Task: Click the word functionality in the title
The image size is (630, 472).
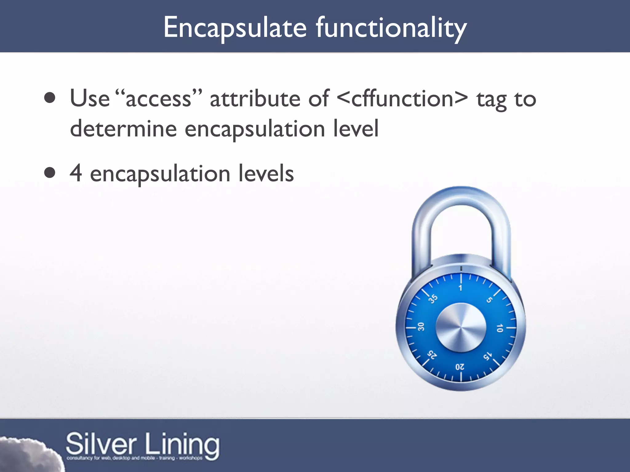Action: pyautogui.click(x=391, y=28)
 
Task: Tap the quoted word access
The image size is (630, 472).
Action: pyautogui.click(x=159, y=99)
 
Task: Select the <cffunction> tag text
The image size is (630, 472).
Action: pyautogui.click(x=402, y=99)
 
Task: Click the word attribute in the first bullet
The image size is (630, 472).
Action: pyautogui.click(x=255, y=99)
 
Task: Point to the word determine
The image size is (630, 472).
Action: pyautogui.click(x=123, y=129)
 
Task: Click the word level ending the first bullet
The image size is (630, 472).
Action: pyautogui.click(x=356, y=129)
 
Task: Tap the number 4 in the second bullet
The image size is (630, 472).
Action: pyautogui.click(x=76, y=173)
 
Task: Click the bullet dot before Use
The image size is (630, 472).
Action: pyautogui.click(x=50, y=98)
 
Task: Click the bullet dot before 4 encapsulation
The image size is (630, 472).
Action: pyautogui.click(x=50, y=173)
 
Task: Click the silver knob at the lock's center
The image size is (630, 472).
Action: pyautogui.click(x=461, y=328)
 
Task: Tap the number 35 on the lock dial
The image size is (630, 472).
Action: pyautogui.click(x=433, y=298)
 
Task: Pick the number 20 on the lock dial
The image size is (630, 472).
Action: pyautogui.click(x=460, y=367)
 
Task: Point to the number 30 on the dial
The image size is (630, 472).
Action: pyautogui.click(x=421, y=326)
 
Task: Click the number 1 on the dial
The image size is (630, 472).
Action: pyautogui.click(x=461, y=288)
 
